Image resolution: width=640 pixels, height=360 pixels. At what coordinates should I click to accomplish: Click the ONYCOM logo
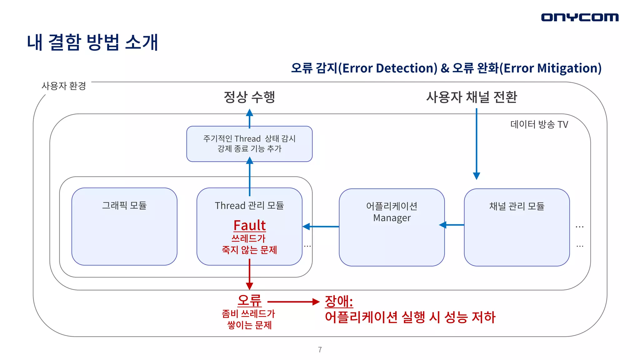click(x=580, y=17)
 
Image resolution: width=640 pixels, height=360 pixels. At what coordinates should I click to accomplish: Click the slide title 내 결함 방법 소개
click(x=92, y=42)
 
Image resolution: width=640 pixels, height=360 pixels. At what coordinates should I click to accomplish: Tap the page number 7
click(x=320, y=350)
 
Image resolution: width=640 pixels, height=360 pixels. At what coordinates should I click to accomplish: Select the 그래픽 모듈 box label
click(x=124, y=205)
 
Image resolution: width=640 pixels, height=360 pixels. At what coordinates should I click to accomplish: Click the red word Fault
click(x=249, y=225)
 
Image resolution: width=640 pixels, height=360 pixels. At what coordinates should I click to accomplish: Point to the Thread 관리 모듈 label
click(x=249, y=206)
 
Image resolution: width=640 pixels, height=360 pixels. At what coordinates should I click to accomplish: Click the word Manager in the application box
click(x=392, y=218)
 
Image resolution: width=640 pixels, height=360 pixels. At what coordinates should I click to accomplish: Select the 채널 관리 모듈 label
click(x=517, y=206)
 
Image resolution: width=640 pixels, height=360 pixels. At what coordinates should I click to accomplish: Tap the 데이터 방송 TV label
click(x=539, y=124)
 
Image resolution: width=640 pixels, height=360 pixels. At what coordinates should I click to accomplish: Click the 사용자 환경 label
click(x=64, y=86)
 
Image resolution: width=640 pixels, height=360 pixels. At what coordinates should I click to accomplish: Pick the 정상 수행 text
click(x=249, y=97)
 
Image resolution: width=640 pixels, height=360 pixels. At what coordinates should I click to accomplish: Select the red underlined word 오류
click(x=249, y=301)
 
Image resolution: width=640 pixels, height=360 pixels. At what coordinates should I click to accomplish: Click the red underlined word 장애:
click(x=339, y=302)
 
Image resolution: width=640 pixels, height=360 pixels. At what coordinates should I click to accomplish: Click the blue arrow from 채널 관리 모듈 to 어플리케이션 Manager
click(x=452, y=225)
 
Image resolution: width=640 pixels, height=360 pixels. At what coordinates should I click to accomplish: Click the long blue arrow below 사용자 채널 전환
click(x=477, y=144)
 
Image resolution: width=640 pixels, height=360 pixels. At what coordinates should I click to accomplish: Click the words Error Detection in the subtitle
click(x=389, y=68)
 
